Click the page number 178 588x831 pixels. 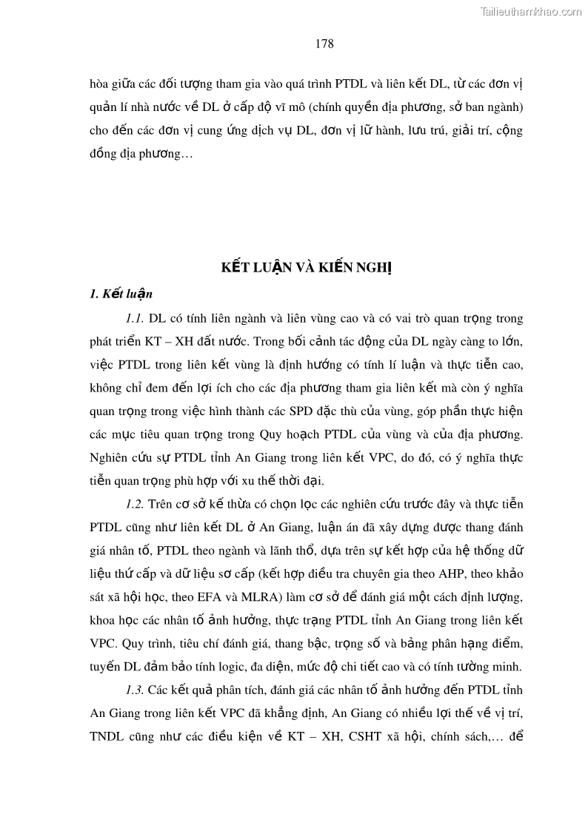pyautogui.click(x=324, y=44)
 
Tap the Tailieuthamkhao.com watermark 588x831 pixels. pyautogui.click(x=532, y=11)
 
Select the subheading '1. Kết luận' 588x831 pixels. pyautogui.click(x=121, y=294)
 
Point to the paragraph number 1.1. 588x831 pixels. pyautogui.click(x=134, y=319)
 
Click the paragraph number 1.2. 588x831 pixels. pyautogui.click(x=134, y=504)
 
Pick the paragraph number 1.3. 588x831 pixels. pyautogui.click(x=134, y=690)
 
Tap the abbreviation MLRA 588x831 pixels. pyautogui.click(x=278, y=596)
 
